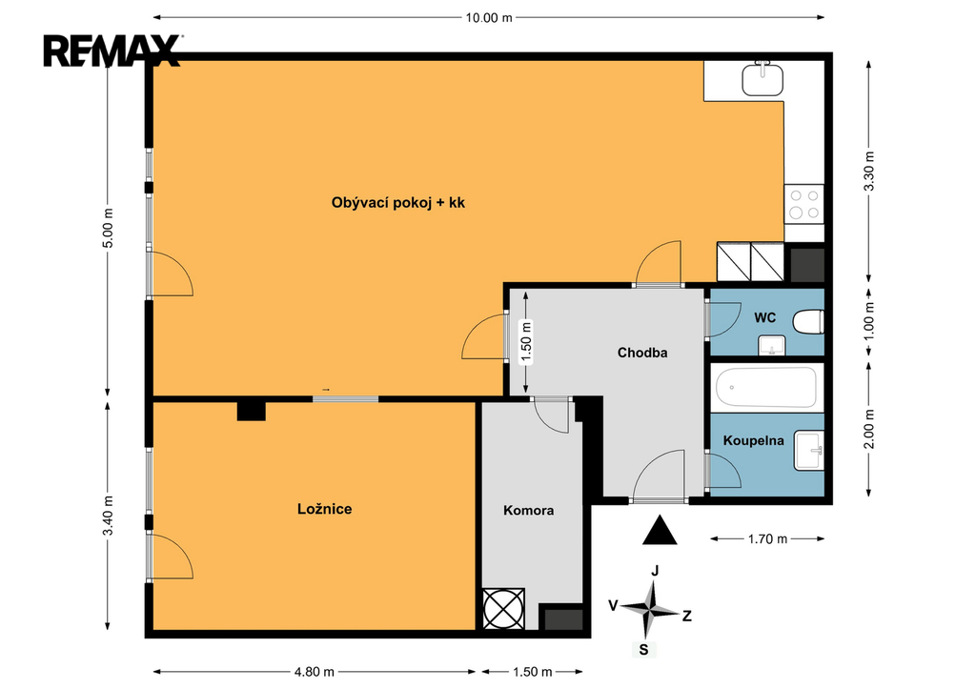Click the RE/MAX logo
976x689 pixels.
click(112, 51)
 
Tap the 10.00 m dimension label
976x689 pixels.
click(489, 17)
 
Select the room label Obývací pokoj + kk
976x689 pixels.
click(397, 202)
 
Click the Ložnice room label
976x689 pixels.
click(324, 509)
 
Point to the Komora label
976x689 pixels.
click(528, 511)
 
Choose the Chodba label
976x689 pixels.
click(642, 353)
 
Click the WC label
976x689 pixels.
click(765, 318)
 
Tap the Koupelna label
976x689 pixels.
click(753, 440)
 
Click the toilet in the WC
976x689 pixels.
click(808, 322)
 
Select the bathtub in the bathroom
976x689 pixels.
click(766, 387)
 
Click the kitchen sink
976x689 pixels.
click(762, 78)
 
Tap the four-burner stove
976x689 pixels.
click(804, 204)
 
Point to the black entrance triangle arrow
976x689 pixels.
click(660, 530)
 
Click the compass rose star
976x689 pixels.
click(652, 609)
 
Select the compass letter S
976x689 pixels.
click(643, 651)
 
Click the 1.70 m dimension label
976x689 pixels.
click(767, 539)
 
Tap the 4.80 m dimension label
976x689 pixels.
click(315, 672)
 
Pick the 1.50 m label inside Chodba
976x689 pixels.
click(526, 341)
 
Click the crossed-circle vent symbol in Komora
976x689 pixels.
click(503, 609)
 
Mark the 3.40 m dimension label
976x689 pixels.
click(109, 516)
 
